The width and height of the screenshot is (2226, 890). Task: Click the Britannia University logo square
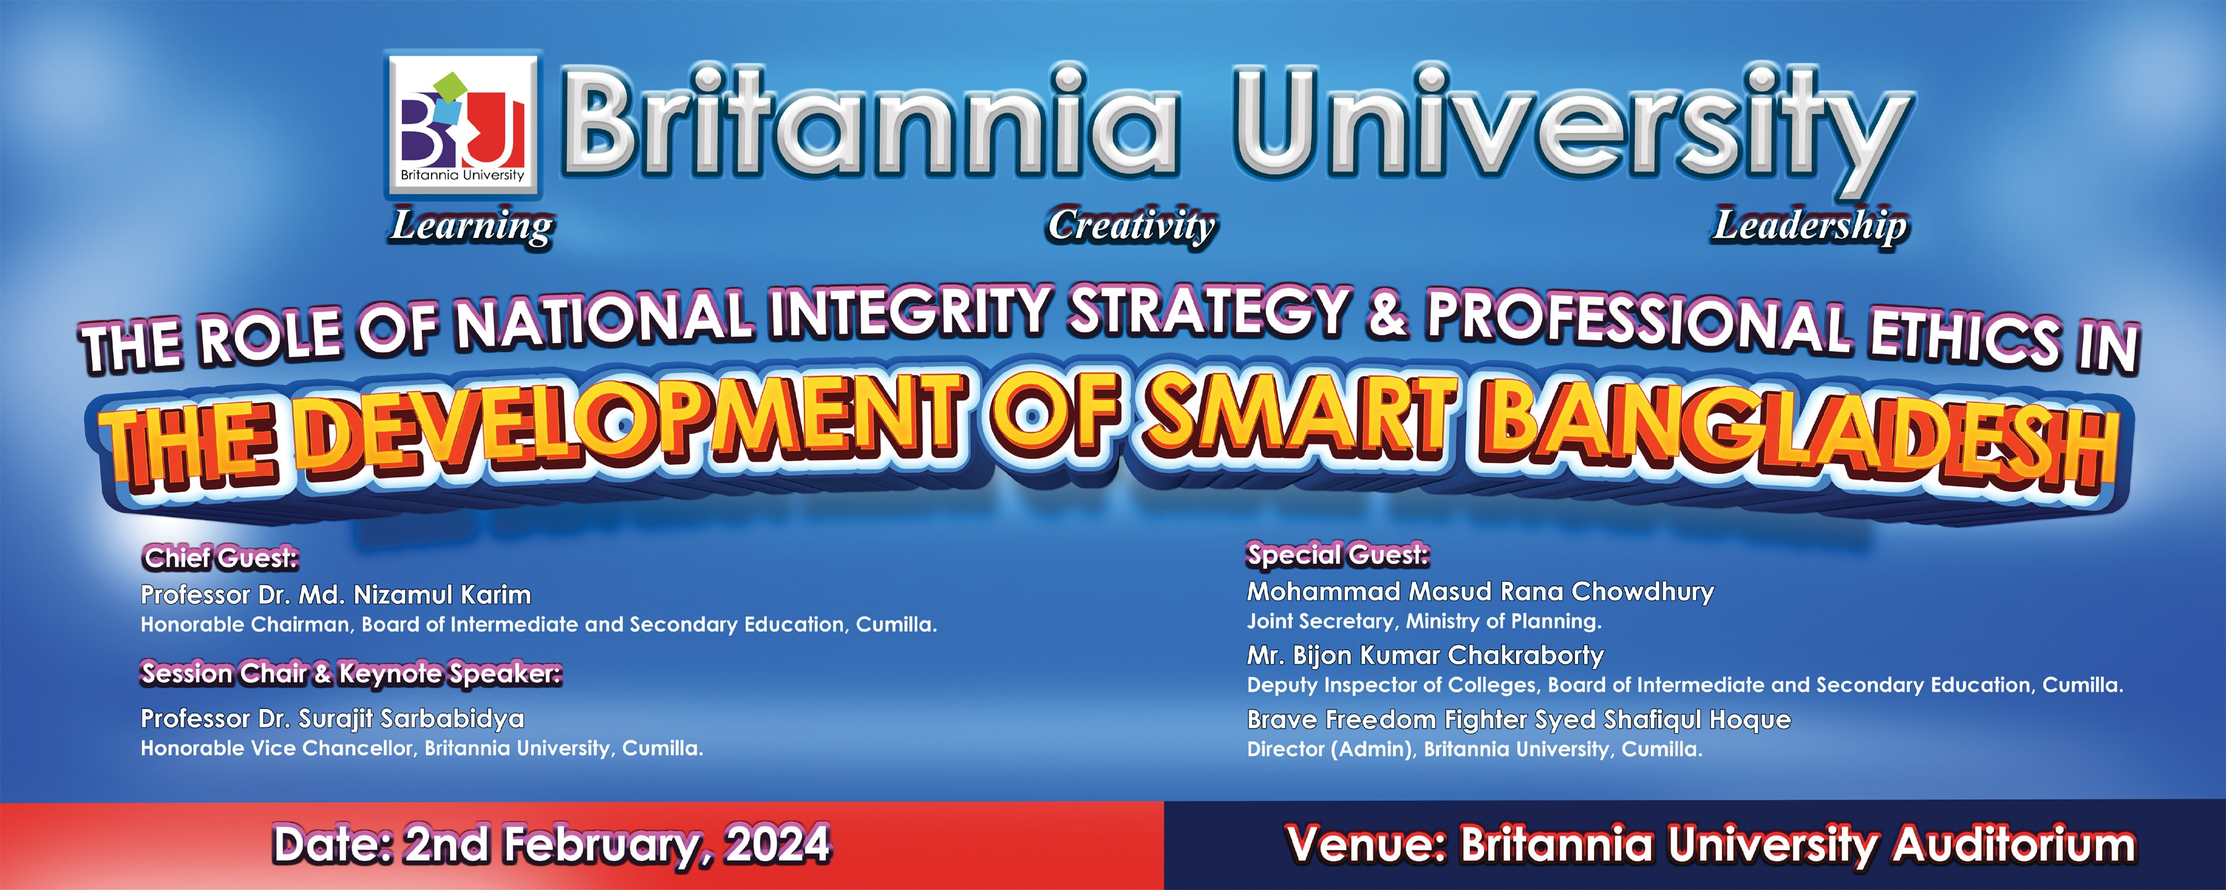pyautogui.click(x=463, y=124)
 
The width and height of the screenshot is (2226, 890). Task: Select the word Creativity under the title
pyautogui.click(x=1132, y=226)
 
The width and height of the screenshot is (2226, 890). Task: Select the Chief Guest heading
pyautogui.click(x=220, y=558)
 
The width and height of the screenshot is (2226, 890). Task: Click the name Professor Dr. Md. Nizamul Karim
pyautogui.click(x=336, y=595)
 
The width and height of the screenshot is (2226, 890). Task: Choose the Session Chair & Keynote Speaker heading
pyautogui.click(x=351, y=673)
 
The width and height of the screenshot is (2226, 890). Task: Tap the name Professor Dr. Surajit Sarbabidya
pyautogui.click(x=333, y=719)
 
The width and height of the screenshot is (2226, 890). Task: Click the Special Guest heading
pyautogui.click(x=1337, y=555)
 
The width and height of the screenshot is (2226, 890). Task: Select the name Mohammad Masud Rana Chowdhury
pyautogui.click(x=1480, y=592)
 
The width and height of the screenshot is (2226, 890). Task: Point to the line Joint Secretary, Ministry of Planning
pyautogui.click(x=1424, y=621)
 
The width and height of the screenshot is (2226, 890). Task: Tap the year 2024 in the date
pyautogui.click(x=778, y=844)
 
